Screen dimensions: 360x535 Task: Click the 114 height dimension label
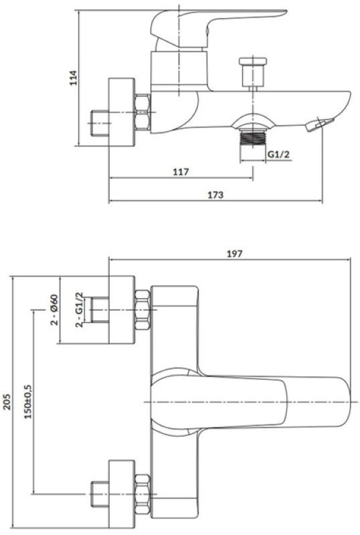click(74, 78)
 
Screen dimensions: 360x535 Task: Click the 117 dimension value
click(181, 172)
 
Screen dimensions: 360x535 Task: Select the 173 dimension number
click(215, 195)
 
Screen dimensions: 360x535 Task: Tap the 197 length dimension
click(235, 254)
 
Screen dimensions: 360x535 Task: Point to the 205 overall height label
click(7, 402)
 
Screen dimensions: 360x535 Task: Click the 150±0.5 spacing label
click(27, 402)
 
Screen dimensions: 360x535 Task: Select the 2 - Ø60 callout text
click(55, 310)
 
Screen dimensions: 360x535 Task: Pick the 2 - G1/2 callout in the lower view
click(79, 310)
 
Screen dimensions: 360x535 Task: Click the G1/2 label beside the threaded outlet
click(278, 154)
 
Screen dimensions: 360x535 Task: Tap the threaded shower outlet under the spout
click(253, 138)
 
